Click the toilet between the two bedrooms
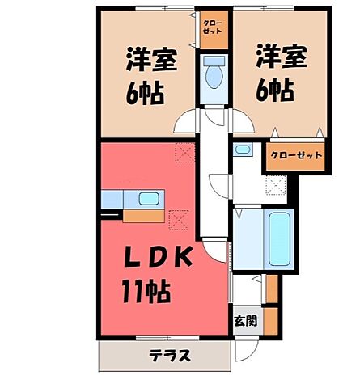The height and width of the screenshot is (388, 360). click(x=214, y=74)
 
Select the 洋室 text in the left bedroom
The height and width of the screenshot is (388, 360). click(x=146, y=61)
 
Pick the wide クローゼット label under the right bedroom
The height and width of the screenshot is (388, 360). click(x=295, y=155)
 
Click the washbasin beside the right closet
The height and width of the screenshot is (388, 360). click(x=242, y=150)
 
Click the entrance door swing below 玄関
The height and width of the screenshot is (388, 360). click(x=247, y=345)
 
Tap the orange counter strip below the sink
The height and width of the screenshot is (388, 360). click(x=145, y=216)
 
